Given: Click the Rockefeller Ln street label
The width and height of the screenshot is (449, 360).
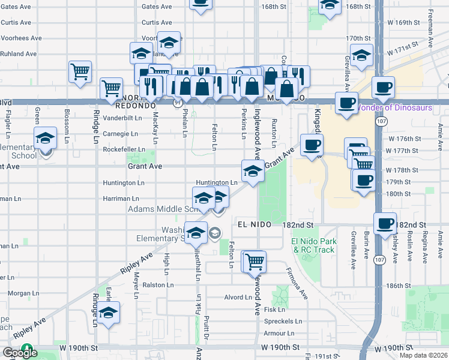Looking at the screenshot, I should click(124, 149).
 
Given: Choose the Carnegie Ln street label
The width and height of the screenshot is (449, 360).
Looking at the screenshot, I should click(121, 134).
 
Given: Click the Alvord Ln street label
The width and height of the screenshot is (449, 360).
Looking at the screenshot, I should click(238, 297).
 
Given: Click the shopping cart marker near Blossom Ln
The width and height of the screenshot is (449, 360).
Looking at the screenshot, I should click(80, 71).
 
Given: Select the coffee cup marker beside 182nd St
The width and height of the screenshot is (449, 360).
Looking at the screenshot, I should click(385, 223).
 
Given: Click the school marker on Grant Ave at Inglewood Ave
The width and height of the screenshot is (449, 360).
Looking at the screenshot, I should click(253, 171).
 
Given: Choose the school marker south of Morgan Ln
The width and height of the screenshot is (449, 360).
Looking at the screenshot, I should click(109, 313).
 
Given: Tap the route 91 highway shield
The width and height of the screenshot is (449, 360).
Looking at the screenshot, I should click(178, 103).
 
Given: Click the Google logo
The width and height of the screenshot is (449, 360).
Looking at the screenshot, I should click(20, 353).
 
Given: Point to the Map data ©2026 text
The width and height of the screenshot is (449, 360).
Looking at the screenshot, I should click(423, 355).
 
